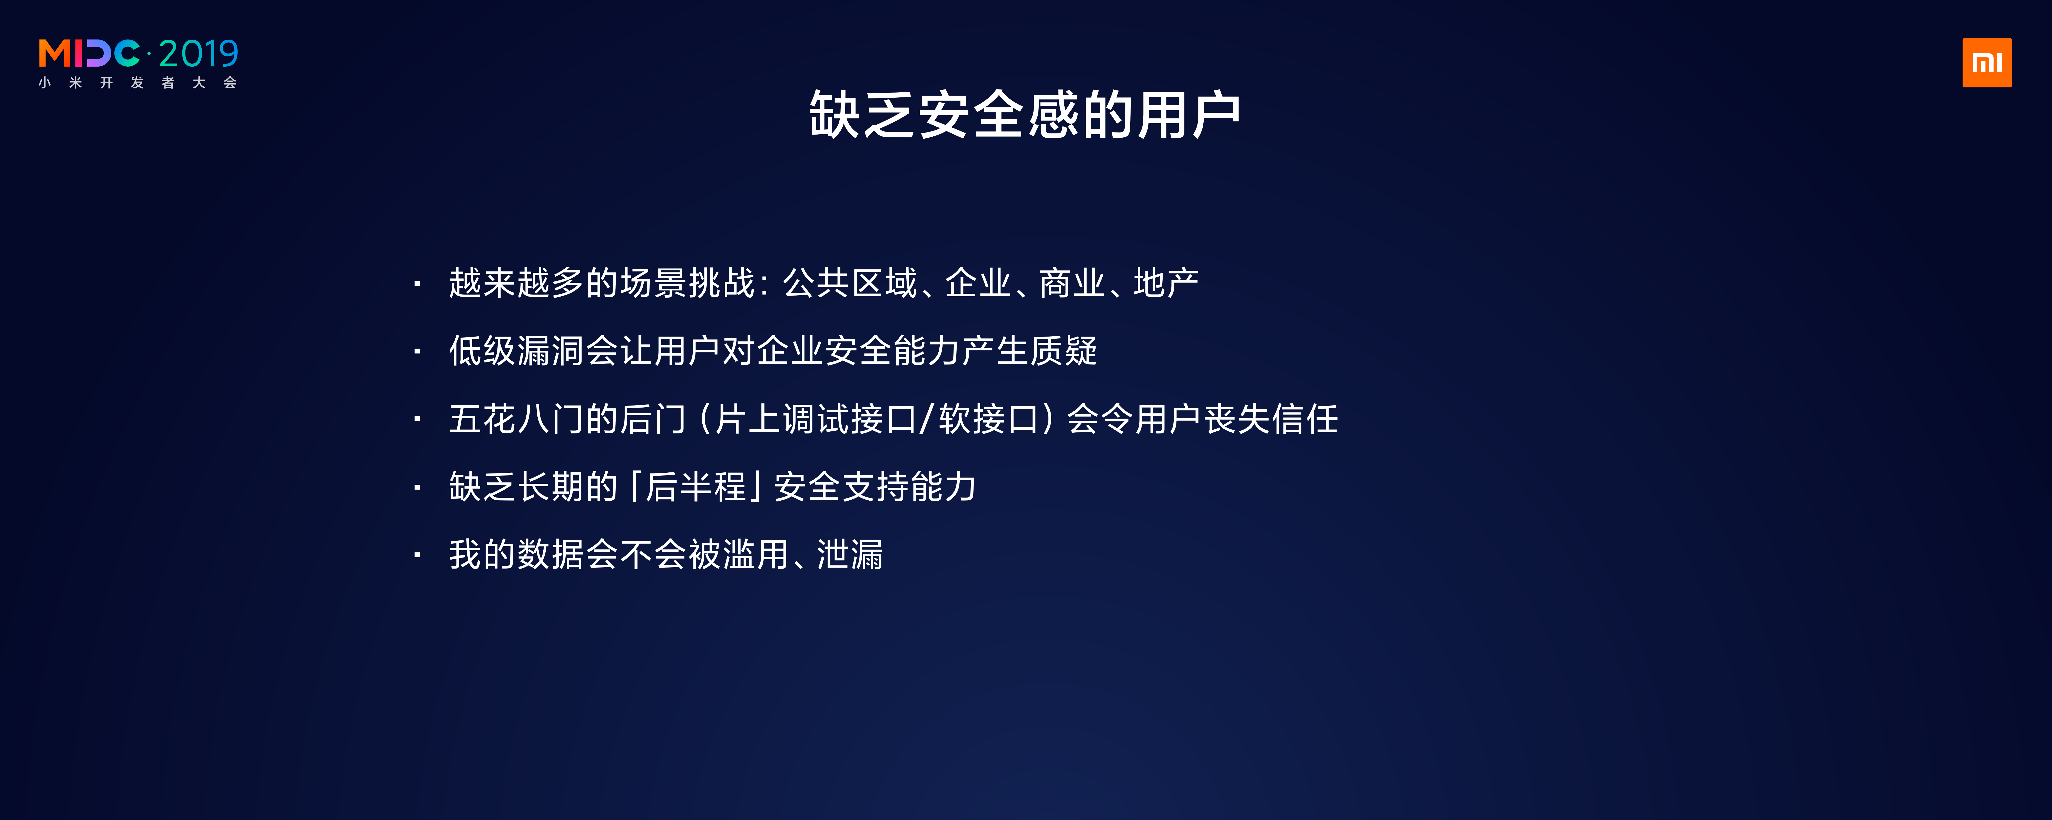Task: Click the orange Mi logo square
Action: point(1987,63)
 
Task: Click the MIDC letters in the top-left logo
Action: point(89,54)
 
